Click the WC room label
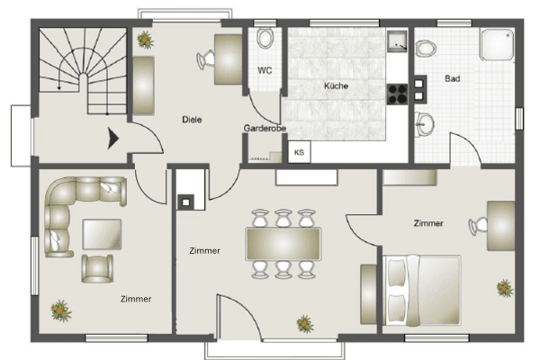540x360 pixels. [265, 70]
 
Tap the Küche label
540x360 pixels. [336, 86]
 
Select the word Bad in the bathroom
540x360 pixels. [453, 79]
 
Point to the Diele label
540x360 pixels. [192, 119]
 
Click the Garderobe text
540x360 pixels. [265, 129]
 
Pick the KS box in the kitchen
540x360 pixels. [299, 152]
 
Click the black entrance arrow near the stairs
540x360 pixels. [113, 139]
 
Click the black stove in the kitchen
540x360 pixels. [396, 93]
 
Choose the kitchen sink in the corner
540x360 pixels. [397, 40]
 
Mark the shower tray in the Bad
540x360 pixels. [497, 41]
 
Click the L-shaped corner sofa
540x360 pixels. [72, 211]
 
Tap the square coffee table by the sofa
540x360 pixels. [102, 233]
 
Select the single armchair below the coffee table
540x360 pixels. [97, 266]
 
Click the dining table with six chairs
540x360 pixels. [283, 244]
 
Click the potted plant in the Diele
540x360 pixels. [144, 38]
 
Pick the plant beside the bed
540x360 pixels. [504, 288]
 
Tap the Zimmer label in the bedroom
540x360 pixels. [428, 223]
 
